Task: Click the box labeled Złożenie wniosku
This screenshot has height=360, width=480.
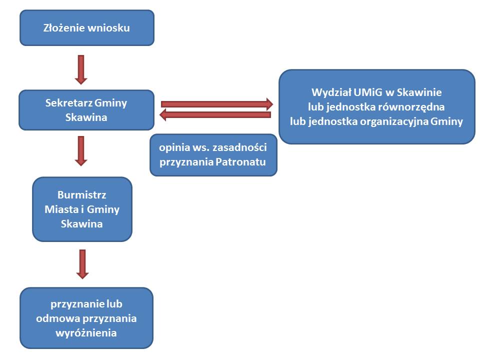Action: point(86,28)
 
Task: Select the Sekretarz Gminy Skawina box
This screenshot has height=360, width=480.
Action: point(86,110)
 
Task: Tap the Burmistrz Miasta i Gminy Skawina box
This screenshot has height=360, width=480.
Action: point(82,209)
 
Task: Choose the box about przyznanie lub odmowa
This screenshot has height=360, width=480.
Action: point(86,318)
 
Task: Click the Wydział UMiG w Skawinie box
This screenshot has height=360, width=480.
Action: point(376,106)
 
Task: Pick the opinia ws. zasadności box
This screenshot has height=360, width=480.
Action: point(213,154)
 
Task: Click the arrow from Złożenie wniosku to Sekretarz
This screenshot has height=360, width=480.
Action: point(81,69)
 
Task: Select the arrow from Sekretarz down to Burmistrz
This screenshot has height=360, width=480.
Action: point(81,150)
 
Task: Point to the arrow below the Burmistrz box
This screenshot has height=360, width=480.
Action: point(82,263)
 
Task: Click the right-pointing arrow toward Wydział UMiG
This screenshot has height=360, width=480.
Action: point(217,104)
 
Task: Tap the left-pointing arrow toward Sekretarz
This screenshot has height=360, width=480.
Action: point(215,115)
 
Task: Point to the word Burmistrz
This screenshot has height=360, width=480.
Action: point(82,195)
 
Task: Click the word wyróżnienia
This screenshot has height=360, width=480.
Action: point(86,332)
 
